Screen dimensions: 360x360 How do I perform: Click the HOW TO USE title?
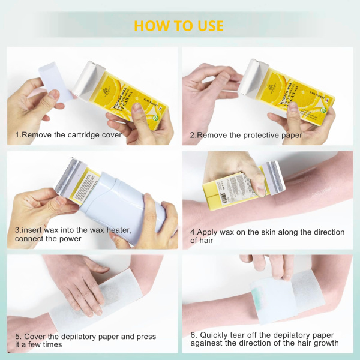[179, 26]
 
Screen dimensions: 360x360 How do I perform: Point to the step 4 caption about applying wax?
[267, 236]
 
